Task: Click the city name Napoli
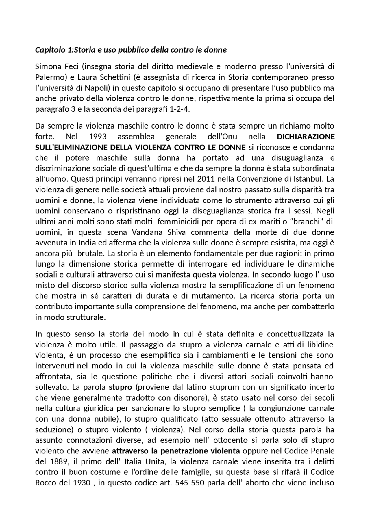98,88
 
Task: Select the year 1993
98,137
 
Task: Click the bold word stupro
120,387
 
